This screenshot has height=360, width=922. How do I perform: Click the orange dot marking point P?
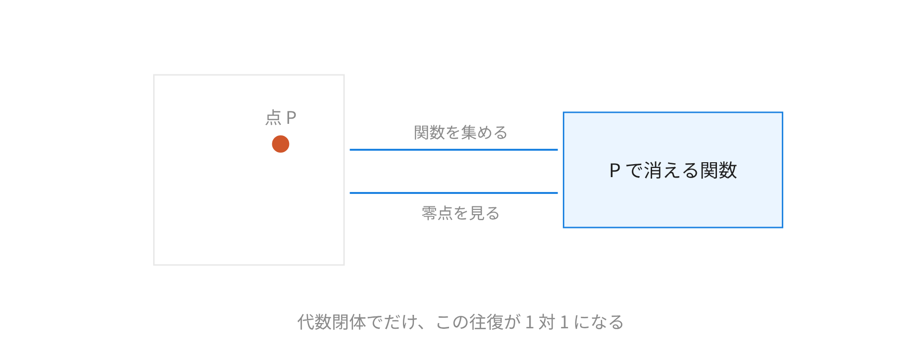pyautogui.click(x=280, y=144)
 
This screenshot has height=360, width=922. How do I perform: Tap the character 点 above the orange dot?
pyautogui.click(x=273, y=118)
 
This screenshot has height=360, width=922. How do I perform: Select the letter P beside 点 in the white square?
pyautogui.click(x=291, y=118)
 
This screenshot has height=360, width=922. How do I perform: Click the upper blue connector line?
pyautogui.click(x=454, y=150)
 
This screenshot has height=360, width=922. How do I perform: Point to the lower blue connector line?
pyautogui.click(x=454, y=193)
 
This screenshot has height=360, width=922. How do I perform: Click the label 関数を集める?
pyautogui.click(x=461, y=132)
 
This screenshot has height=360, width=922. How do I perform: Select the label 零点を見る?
pyautogui.click(x=461, y=213)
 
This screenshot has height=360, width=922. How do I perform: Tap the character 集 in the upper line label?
pyautogui.click(x=469, y=132)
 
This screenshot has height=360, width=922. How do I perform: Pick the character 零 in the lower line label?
pyautogui.click(x=429, y=213)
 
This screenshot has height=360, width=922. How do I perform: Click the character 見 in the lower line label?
pyautogui.click(x=476, y=213)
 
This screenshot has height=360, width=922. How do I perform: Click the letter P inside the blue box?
pyautogui.click(x=615, y=171)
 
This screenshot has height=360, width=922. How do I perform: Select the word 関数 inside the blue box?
pyautogui.click(x=718, y=170)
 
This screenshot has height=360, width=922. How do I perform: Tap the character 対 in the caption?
pyautogui.click(x=547, y=322)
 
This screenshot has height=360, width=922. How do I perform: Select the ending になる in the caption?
pyautogui.click(x=599, y=322)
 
